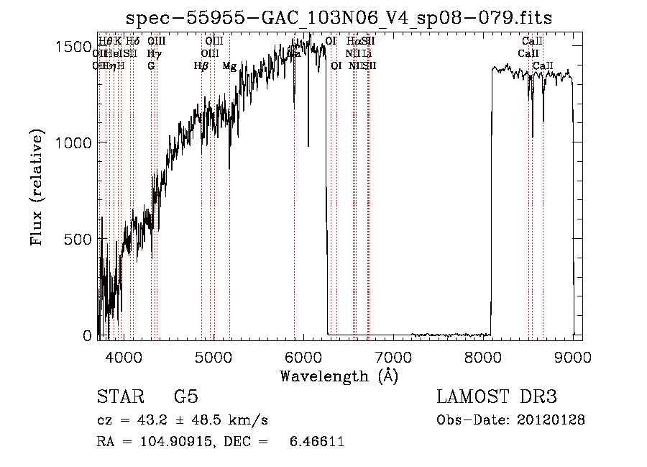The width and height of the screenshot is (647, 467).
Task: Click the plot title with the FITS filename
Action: pos(339,18)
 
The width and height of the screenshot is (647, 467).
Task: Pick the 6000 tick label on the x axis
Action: pos(303,356)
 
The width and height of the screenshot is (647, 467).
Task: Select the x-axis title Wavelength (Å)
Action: pos(339,376)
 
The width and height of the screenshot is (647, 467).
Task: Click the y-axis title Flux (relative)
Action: pos(37,189)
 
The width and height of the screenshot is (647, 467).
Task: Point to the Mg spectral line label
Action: pos(229,66)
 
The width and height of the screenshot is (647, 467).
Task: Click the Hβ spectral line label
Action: pos(201,66)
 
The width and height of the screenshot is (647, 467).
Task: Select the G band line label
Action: pos(151,66)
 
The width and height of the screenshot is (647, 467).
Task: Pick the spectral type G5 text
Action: pos(185,397)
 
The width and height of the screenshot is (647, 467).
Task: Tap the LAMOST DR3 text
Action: pos(496,397)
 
